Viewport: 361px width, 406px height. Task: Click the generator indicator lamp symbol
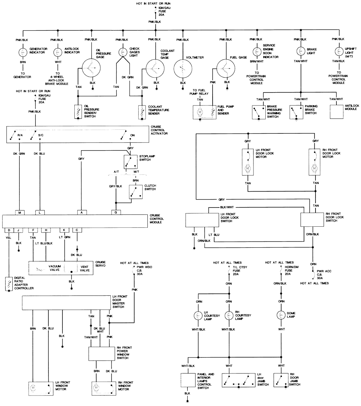[x=23, y=52]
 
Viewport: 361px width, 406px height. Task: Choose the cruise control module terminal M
[x=19, y=212]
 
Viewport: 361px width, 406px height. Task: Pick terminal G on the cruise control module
[x=116, y=212]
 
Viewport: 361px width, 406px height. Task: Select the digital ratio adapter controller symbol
[x=8, y=285]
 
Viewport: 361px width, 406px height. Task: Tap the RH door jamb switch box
[x=281, y=380]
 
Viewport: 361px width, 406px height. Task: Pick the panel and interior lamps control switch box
[x=187, y=380]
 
